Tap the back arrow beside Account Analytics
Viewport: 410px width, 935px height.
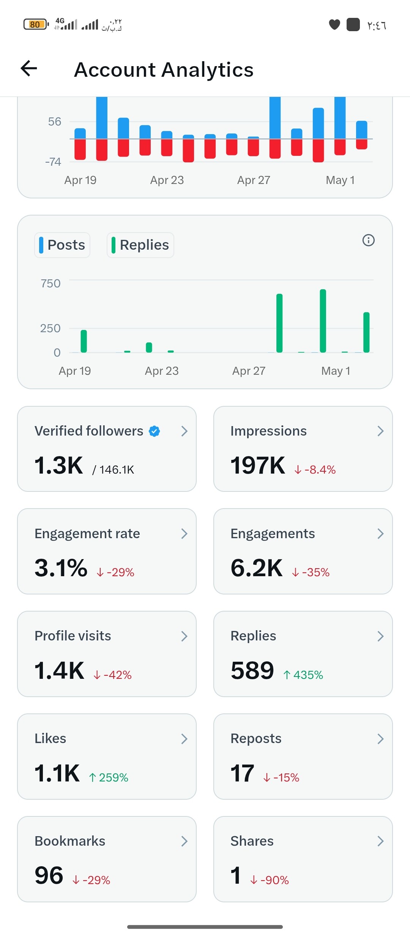[29, 69]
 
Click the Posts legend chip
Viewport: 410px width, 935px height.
[62, 245]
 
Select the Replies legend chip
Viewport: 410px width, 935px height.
[140, 245]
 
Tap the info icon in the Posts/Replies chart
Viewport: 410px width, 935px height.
[368, 240]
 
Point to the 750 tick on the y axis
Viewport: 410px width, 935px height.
[50, 284]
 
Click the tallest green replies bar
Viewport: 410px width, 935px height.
[323, 321]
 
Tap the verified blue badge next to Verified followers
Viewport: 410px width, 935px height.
[155, 431]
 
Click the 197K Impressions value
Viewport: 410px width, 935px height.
[258, 465]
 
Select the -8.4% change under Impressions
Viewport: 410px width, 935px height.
[315, 470]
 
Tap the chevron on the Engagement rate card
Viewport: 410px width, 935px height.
[184, 534]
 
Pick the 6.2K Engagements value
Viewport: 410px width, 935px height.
[257, 568]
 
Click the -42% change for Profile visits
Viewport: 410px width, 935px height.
[113, 675]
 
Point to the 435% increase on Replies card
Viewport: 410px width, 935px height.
[303, 675]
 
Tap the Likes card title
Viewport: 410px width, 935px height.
[50, 738]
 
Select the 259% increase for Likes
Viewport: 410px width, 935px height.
[109, 778]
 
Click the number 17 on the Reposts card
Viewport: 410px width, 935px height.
[242, 773]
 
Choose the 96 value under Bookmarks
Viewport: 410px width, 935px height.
[49, 876]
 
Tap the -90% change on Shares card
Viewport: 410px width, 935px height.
[270, 880]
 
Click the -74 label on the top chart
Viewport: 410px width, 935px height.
[53, 162]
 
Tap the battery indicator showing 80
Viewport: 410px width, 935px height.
[35, 25]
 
